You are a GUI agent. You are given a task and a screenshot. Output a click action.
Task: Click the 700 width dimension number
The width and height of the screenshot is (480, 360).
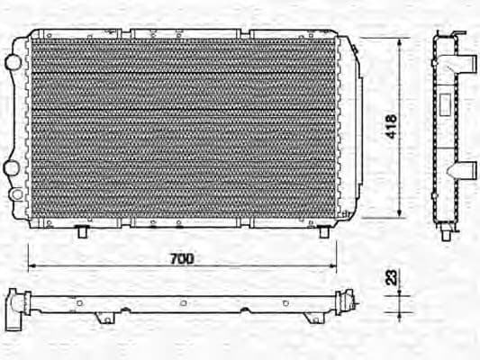click(x=181, y=258)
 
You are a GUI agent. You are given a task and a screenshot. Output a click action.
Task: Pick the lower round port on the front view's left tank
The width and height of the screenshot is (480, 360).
click(x=12, y=168)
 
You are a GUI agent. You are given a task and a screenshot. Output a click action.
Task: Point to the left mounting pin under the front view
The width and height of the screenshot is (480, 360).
click(x=83, y=233)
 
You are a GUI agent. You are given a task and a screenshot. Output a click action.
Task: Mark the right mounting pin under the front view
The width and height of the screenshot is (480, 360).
click(x=323, y=232)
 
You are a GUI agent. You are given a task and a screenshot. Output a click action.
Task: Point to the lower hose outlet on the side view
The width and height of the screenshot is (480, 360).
click(x=466, y=170)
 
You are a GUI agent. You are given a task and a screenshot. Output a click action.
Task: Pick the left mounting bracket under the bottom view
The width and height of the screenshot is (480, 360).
click(x=106, y=318)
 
